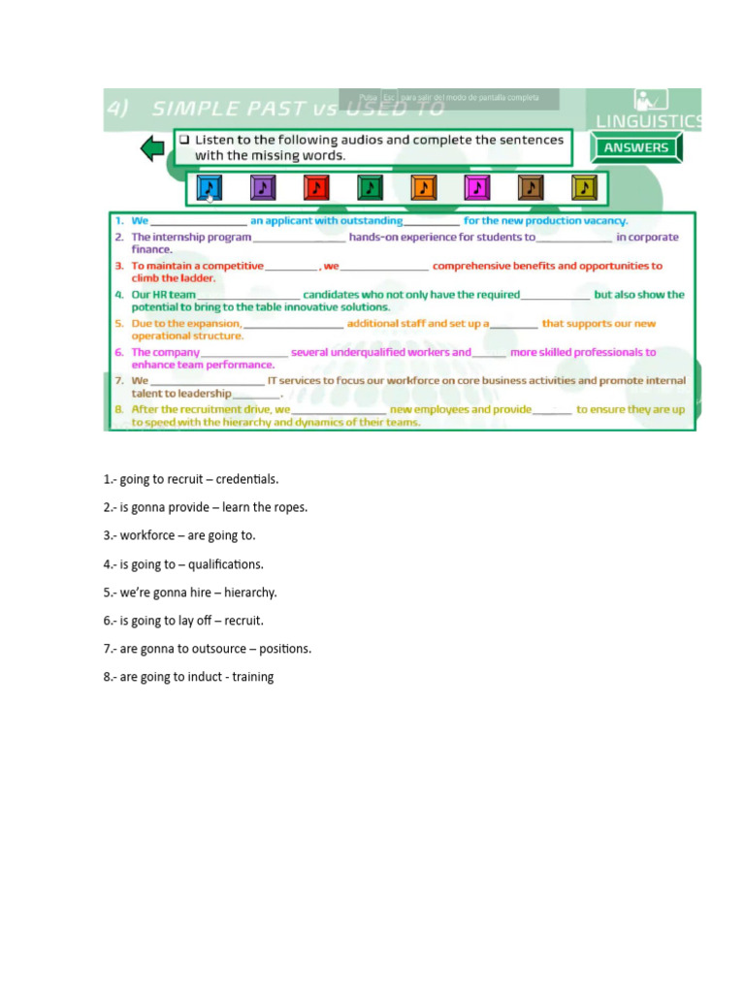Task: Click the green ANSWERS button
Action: tap(636, 147)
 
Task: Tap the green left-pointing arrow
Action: tap(152, 148)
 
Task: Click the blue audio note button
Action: tap(210, 187)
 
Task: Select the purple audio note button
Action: tap(263, 187)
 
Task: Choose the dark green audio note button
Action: tap(370, 187)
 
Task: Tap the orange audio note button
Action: tap(423, 187)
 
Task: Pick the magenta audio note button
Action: tap(476, 187)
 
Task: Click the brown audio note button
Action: tap(530, 187)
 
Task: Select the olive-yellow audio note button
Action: tap(583, 187)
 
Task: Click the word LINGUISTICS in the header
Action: tap(648, 122)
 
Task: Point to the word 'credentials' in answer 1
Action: tap(246, 479)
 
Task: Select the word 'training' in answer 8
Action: tap(252, 677)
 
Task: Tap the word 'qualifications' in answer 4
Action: tap(226, 564)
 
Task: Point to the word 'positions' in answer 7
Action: tap(286, 649)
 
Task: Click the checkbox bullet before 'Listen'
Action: tap(183, 140)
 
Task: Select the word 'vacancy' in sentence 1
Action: tap(602, 221)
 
